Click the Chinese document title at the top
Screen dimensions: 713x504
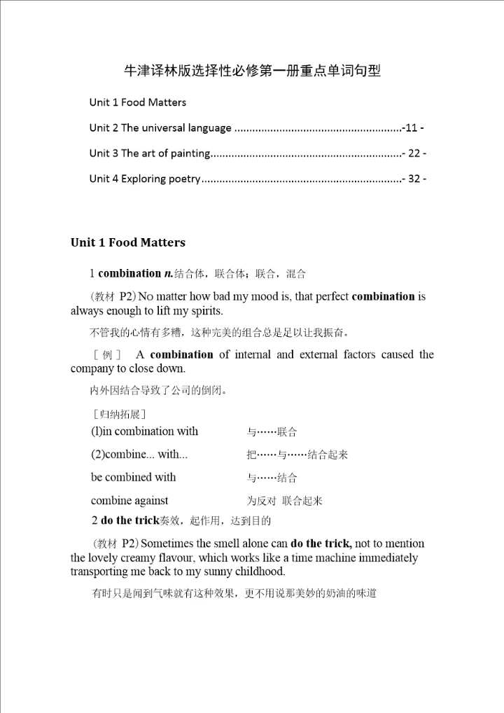tap(252, 71)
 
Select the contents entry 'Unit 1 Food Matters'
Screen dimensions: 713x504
tap(138, 102)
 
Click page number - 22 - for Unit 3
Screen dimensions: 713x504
tap(414, 153)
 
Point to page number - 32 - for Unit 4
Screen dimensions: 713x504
tap(414, 179)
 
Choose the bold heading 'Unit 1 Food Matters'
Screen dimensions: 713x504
tap(128, 242)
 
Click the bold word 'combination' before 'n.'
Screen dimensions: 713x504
tap(129, 273)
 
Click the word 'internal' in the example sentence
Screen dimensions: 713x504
tap(253, 354)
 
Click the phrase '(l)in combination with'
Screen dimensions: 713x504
tap(144, 431)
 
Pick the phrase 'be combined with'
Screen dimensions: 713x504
tap(133, 478)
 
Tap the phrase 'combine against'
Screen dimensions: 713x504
tap(129, 501)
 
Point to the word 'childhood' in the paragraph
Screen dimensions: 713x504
tap(260, 572)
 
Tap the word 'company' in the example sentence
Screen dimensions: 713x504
tap(92, 368)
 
